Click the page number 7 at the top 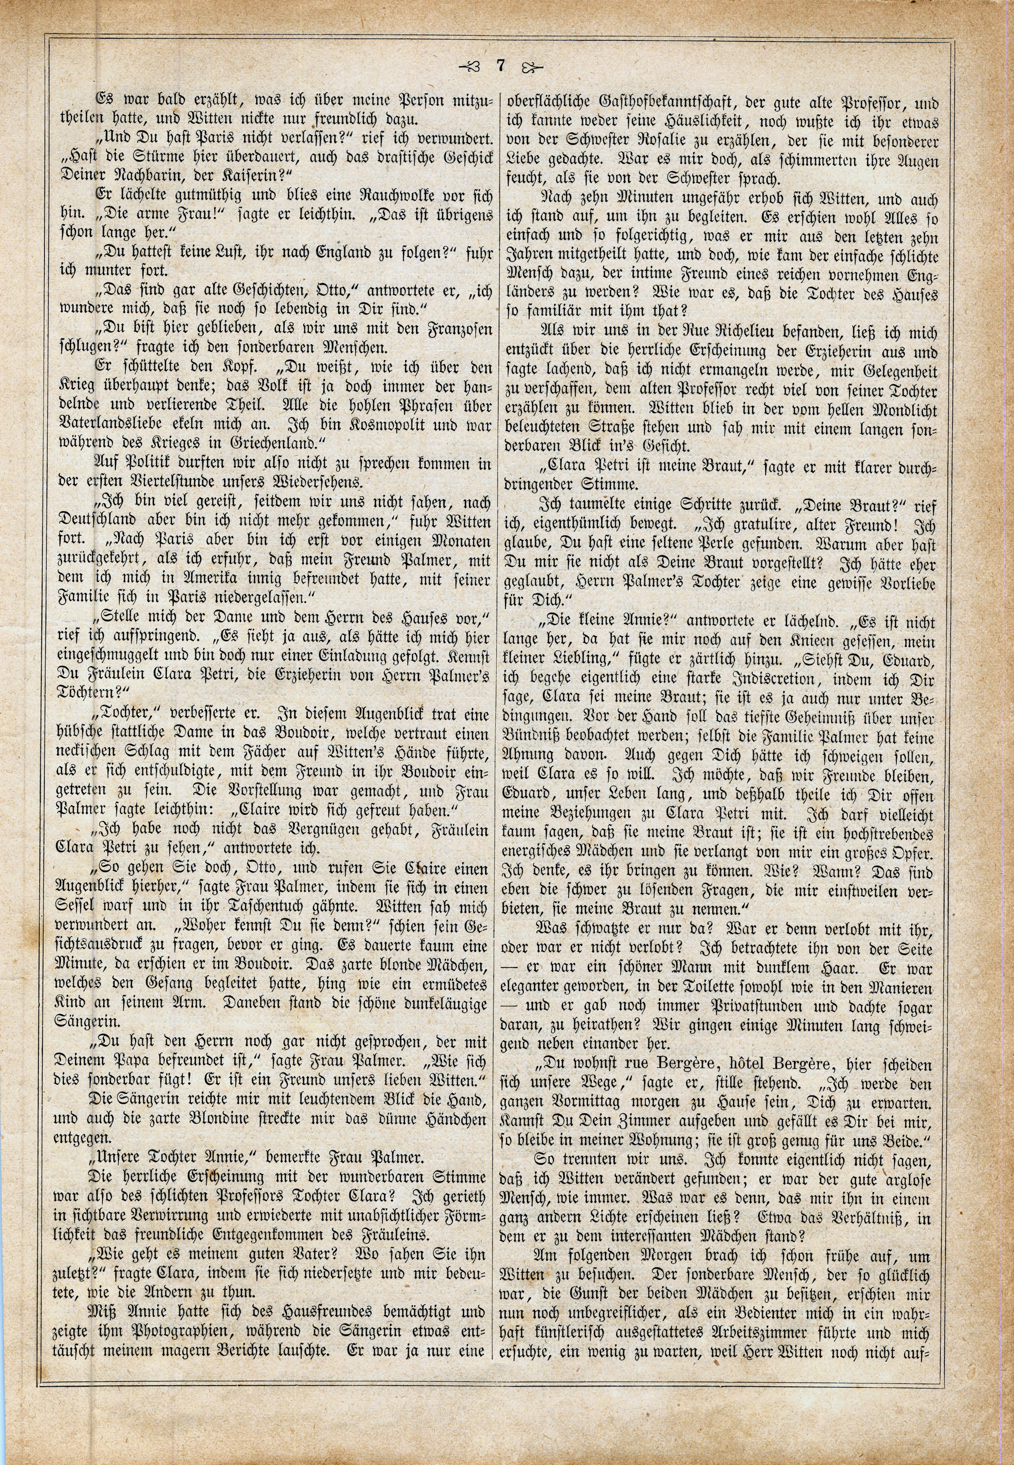coord(501,66)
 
